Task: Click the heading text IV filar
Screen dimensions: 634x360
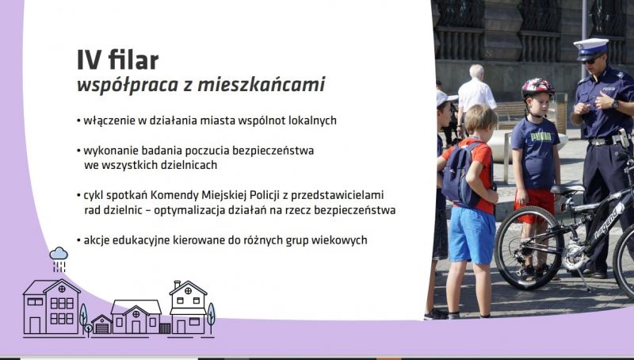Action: [117, 60]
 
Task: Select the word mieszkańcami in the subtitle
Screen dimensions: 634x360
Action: [262, 85]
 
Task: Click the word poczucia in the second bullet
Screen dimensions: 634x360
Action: [202, 151]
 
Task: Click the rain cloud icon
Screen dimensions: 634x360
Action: [59, 254]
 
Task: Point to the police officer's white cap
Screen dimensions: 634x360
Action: [590, 45]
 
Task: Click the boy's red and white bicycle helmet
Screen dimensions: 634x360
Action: [537, 87]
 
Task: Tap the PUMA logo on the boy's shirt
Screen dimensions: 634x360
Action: [541, 137]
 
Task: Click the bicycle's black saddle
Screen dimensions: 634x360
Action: [567, 190]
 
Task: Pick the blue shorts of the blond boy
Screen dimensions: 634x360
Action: [472, 235]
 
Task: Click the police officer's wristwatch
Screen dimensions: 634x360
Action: [615, 105]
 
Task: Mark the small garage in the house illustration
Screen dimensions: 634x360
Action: [102, 324]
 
